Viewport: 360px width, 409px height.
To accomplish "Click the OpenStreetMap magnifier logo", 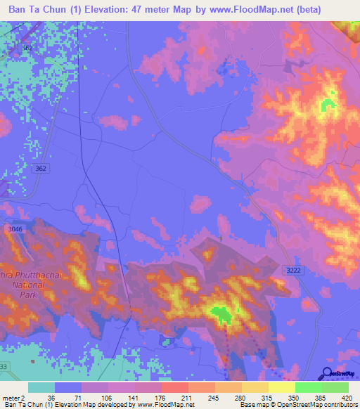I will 326,374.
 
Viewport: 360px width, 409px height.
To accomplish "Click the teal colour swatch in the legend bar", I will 41,387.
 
